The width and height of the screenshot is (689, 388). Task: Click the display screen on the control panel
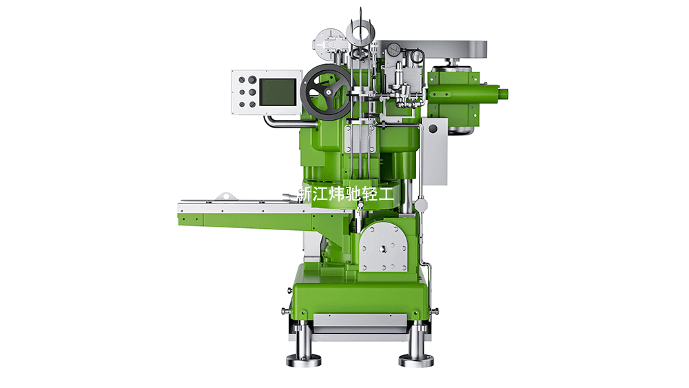[x=278, y=92]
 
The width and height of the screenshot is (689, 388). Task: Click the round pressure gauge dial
[x=394, y=48]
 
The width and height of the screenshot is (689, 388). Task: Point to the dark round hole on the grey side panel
[x=433, y=129]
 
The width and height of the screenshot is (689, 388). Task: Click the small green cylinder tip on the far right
[x=503, y=93]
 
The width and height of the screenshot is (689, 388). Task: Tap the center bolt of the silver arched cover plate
[x=382, y=249]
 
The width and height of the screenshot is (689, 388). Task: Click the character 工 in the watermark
[x=386, y=194]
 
